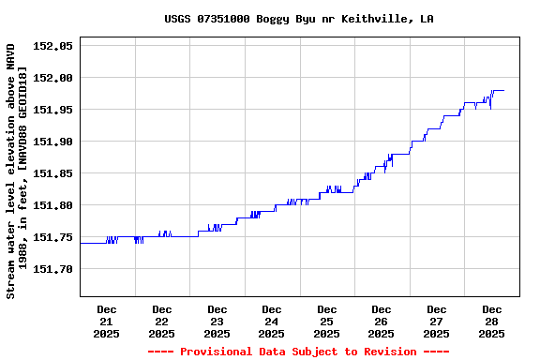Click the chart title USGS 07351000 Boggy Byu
(x=298, y=19)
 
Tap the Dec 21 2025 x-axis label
(x=107, y=321)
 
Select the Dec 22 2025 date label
(x=162, y=321)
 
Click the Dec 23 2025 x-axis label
(x=217, y=321)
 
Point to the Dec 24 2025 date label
(x=272, y=321)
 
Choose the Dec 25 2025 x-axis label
(x=326, y=321)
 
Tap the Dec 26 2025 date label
(x=382, y=321)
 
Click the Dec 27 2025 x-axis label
(x=436, y=321)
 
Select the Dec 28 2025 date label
(x=491, y=321)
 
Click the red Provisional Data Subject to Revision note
(x=298, y=352)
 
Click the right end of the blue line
(x=503, y=90)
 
